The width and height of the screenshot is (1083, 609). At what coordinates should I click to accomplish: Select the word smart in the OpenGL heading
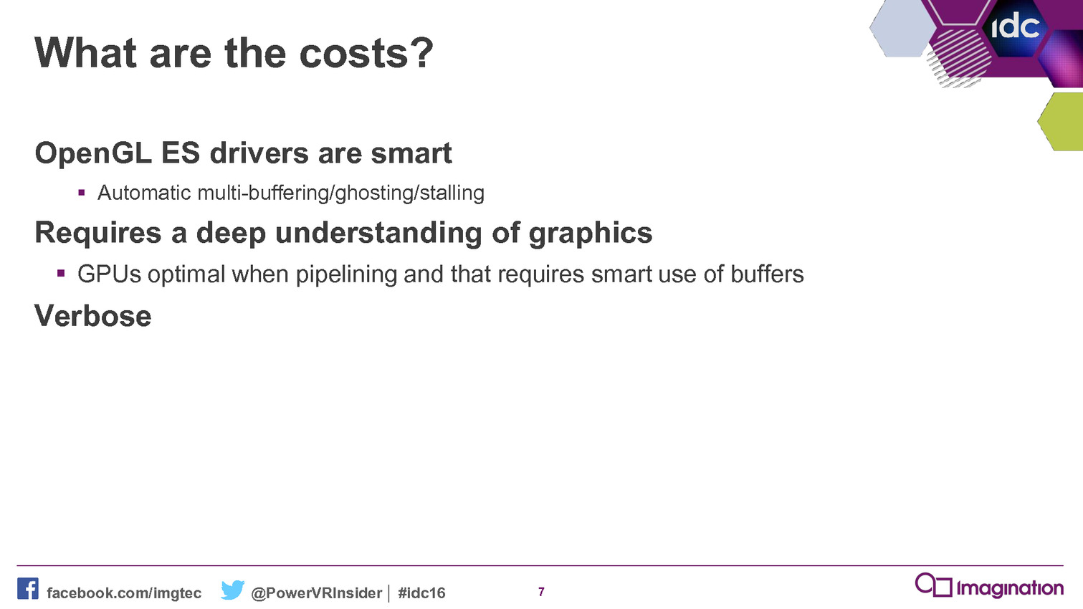(411, 154)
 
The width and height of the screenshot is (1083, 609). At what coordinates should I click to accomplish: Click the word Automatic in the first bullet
(144, 193)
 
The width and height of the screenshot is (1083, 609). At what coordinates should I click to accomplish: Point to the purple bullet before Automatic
(81, 193)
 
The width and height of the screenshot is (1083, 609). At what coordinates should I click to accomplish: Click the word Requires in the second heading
(98, 233)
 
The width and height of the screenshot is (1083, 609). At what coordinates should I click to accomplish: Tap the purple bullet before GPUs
(61, 274)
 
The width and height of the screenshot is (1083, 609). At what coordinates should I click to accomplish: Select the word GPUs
(109, 274)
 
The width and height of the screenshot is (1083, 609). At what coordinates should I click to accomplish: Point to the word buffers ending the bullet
(767, 274)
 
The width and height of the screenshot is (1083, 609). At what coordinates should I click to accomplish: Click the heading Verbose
(93, 316)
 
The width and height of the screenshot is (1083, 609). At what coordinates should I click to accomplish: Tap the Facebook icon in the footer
(28, 589)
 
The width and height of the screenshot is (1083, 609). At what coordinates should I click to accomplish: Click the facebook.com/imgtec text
(124, 593)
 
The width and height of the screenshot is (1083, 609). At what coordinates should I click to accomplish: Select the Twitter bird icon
(233, 590)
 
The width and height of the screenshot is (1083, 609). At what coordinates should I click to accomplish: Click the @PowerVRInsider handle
(317, 593)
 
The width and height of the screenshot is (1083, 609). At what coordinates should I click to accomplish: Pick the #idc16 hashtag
(421, 593)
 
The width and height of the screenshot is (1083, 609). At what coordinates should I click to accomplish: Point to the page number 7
(541, 592)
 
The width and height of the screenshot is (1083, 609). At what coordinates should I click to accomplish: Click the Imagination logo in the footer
(989, 585)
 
